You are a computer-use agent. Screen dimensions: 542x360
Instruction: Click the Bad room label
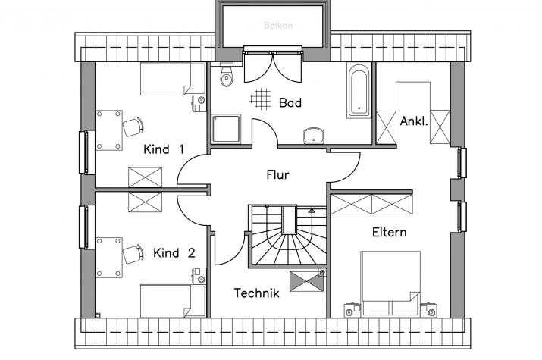pos(290,102)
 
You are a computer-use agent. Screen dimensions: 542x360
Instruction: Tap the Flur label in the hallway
pos(277,175)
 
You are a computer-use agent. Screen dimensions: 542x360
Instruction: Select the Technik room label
pos(256,293)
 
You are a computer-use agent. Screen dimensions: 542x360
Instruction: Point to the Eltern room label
pos(389,232)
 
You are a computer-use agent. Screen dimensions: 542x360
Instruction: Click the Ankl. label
pos(414,121)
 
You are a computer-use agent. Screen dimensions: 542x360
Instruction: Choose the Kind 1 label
pos(164,149)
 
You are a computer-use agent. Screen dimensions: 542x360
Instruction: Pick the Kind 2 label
pos(174,253)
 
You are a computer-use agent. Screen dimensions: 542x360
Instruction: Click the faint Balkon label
pos(278,25)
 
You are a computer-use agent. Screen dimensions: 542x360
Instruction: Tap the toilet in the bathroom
pos(227,77)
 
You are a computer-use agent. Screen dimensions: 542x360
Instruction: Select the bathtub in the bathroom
pos(359,90)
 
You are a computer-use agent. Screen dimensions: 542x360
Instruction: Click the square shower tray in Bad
pos(226,129)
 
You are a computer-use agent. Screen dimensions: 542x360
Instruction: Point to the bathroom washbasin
pos(314,135)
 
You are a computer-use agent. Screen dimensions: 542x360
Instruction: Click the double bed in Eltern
pos(390,284)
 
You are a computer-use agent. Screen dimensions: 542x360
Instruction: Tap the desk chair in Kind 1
pos(133,127)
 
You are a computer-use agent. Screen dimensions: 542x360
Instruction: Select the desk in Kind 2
pos(109,258)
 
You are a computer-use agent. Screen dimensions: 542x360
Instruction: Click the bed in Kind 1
pos(173,79)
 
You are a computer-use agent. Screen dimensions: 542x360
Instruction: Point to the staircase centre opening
pos(290,220)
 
